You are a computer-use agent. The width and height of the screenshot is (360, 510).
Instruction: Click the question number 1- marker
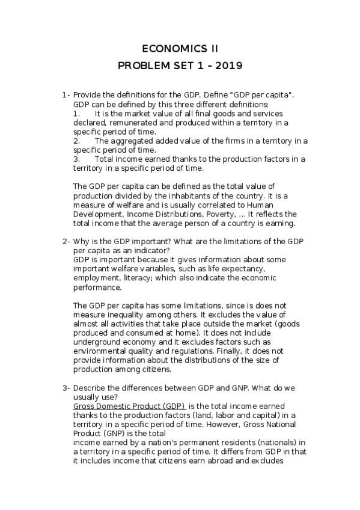point(66,95)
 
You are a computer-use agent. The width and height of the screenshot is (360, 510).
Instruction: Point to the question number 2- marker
point(66,241)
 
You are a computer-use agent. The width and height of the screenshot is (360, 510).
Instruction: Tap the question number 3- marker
point(66,388)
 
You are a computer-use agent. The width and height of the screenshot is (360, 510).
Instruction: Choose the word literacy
point(156,278)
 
